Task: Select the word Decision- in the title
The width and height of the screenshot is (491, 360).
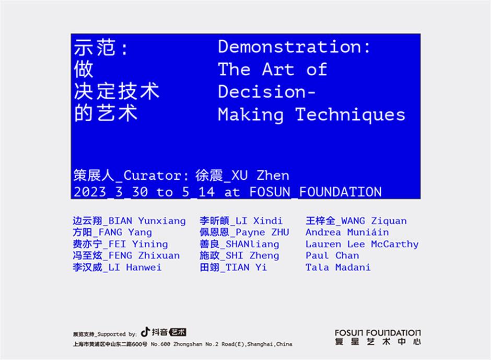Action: (x=267, y=91)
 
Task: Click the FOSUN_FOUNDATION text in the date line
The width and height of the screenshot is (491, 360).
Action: (x=315, y=192)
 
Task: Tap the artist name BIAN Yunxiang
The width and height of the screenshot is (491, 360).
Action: (x=147, y=220)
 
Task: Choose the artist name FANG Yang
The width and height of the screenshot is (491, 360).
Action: (x=125, y=232)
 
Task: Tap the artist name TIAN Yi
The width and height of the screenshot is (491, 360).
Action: (x=246, y=268)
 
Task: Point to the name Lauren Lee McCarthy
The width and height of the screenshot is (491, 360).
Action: (x=362, y=244)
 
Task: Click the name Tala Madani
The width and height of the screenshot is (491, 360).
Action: (x=338, y=268)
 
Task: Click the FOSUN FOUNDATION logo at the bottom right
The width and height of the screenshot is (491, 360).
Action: (x=378, y=337)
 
